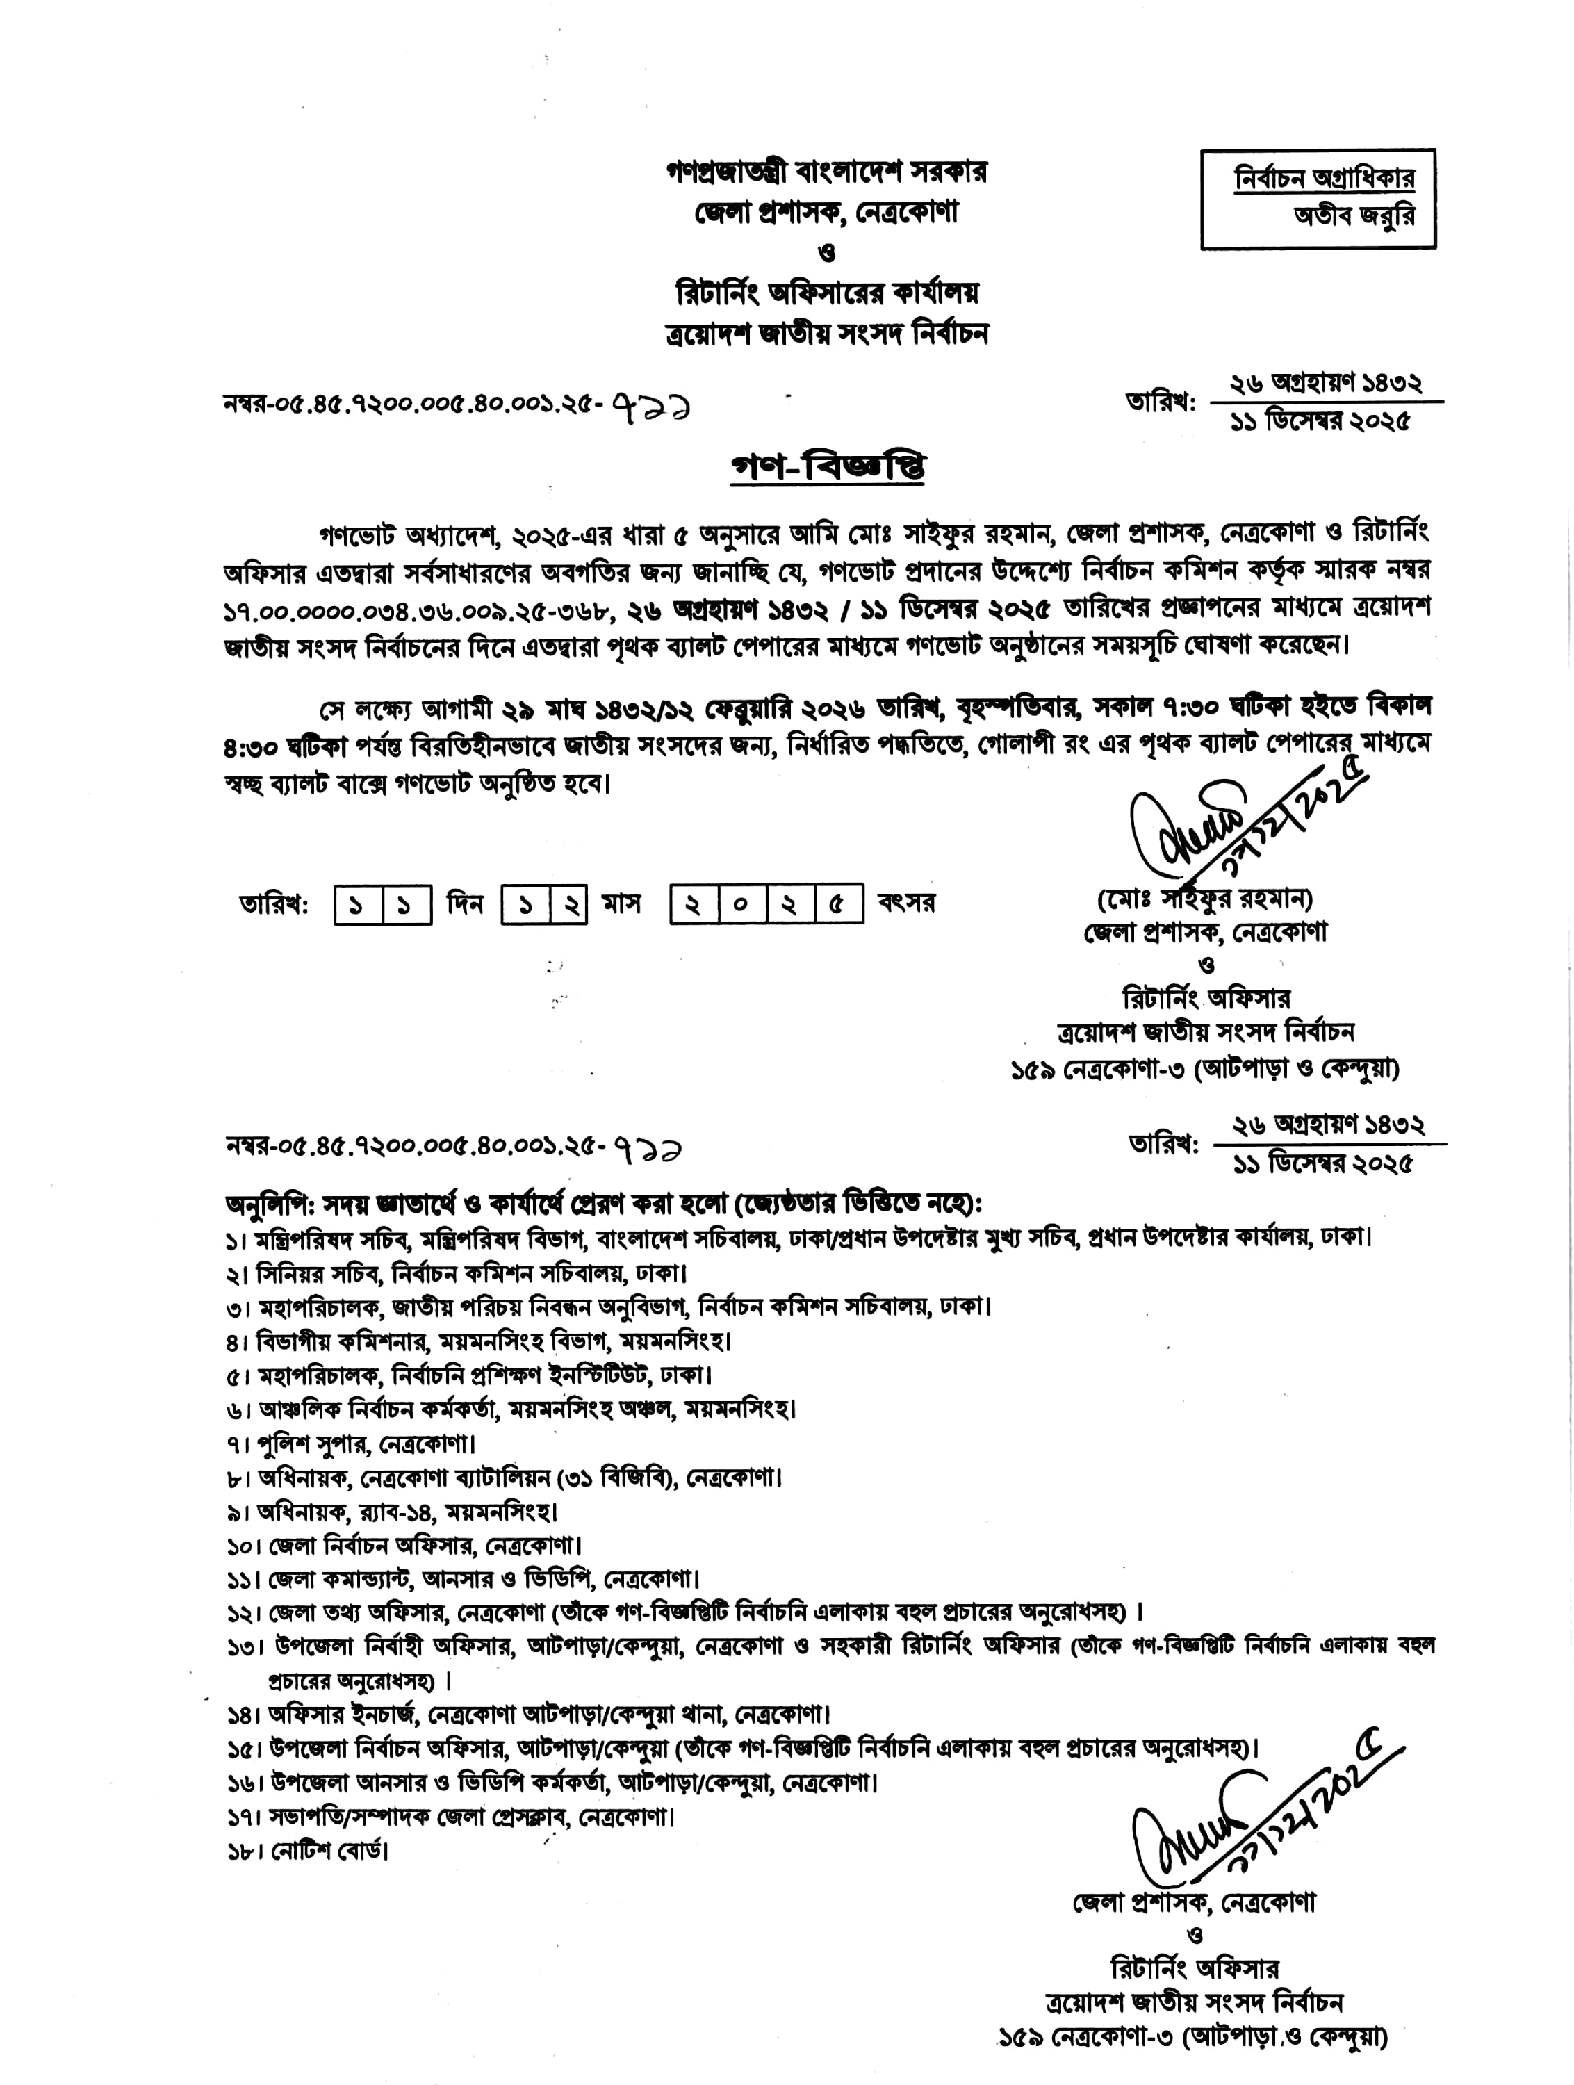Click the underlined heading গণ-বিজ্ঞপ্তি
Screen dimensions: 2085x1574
(x=828, y=468)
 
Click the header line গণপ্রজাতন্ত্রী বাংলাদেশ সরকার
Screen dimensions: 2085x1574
(x=826, y=172)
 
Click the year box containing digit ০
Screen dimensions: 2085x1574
(x=743, y=906)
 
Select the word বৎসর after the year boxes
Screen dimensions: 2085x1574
(x=905, y=903)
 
